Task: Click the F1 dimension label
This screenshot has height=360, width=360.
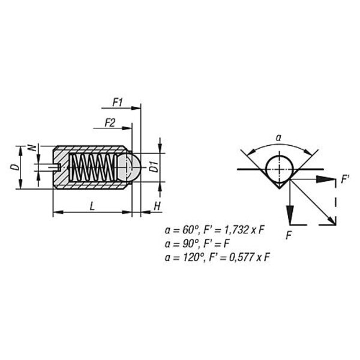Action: pyautogui.click(x=118, y=103)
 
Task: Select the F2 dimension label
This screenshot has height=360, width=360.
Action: pyautogui.click(x=110, y=123)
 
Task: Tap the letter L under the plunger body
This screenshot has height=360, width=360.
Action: pyautogui.click(x=92, y=206)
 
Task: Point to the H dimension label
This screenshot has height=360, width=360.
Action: pyautogui.click(x=157, y=206)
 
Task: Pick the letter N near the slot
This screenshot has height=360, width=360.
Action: pyautogui.click(x=32, y=148)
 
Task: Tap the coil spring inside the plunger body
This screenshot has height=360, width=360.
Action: pyautogui.click(x=92, y=167)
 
